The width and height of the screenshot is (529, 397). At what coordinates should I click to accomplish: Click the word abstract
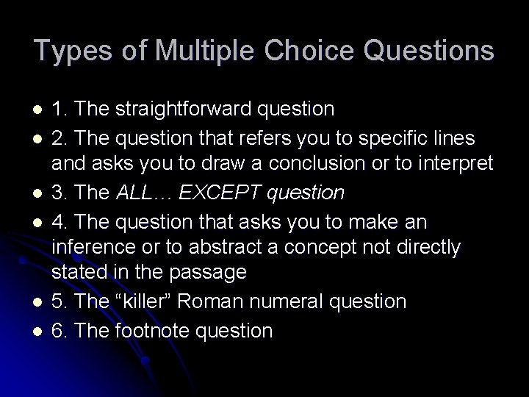pyautogui.click(x=216, y=247)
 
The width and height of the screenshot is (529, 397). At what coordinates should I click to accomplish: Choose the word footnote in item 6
pyautogui.click(x=154, y=330)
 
